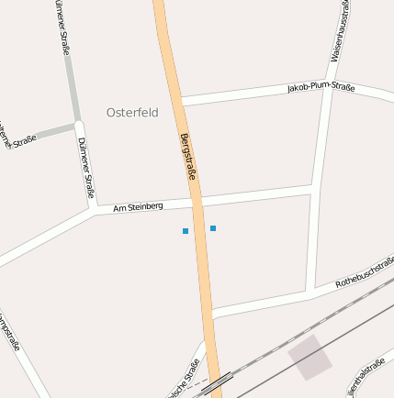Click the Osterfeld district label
(x=132, y=113)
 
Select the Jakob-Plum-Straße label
(x=321, y=87)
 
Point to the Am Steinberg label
(x=138, y=207)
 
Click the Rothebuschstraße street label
(x=364, y=272)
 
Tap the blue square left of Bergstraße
(x=186, y=231)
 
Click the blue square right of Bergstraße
(x=213, y=227)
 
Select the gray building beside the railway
(x=310, y=357)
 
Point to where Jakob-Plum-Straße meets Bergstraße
(x=181, y=99)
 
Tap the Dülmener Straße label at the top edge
(x=62, y=28)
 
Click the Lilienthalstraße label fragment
(x=367, y=378)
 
